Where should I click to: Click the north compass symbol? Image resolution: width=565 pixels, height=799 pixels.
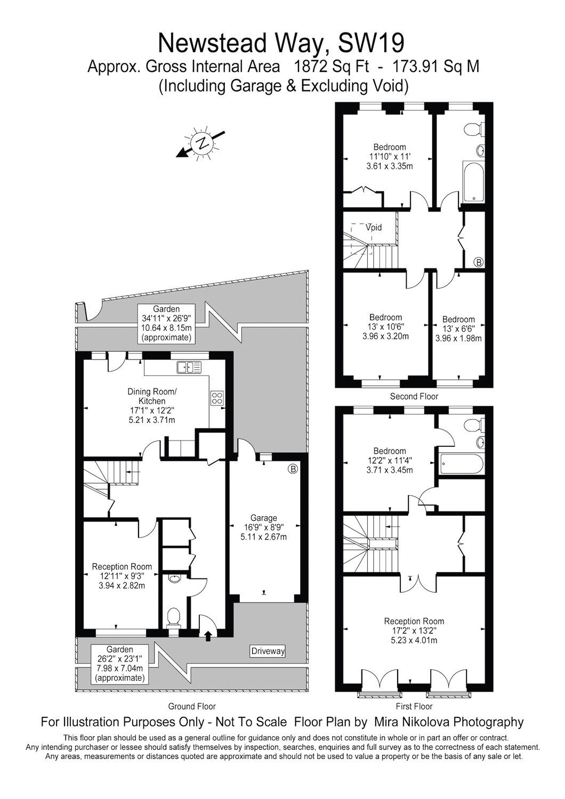[x=201, y=143]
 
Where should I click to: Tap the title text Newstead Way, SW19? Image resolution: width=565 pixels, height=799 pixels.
[x=282, y=43]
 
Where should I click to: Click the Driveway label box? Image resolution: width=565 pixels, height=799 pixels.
[x=268, y=651]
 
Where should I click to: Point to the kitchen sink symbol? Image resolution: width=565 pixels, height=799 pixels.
[x=189, y=366]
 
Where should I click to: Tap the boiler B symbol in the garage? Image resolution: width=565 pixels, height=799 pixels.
[x=293, y=469]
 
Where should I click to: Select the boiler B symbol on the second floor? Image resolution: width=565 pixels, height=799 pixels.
[x=478, y=262]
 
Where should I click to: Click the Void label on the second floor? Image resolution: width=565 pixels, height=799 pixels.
[x=374, y=227]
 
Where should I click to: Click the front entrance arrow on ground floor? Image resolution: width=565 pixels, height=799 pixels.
[x=208, y=634]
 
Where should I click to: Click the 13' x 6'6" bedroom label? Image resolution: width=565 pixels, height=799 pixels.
[x=458, y=329]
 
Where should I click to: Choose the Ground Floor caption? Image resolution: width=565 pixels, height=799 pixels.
[x=192, y=706]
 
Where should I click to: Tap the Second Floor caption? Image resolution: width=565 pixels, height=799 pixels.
[x=414, y=396]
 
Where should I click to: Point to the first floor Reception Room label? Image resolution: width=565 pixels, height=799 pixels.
[x=414, y=631]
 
